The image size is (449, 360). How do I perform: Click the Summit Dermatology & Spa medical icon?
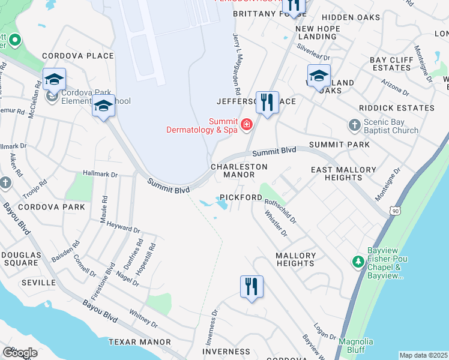point(246,124)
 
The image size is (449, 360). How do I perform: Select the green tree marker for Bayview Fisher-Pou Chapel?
point(358,262)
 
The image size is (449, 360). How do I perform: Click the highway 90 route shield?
point(394,211)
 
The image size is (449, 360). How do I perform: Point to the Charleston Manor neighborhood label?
point(238,170)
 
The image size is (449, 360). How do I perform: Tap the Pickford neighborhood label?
point(241,197)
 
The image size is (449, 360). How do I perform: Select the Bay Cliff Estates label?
point(390,64)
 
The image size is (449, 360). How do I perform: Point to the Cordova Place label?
point(78,56)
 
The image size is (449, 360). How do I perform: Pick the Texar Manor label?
point(140,342)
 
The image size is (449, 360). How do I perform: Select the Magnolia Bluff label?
point(356,346)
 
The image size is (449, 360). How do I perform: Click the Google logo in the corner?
point(20,353)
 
